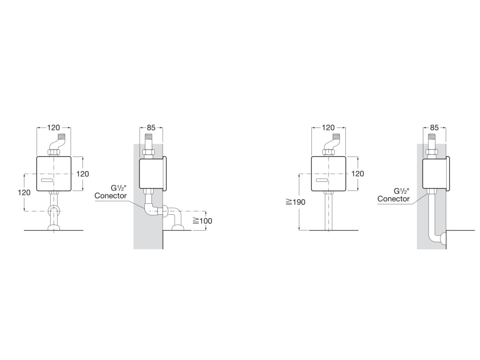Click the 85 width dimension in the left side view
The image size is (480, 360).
coord(151,127)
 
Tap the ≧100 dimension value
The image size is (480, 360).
coord(202,221)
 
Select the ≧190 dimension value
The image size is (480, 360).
coord(296,202)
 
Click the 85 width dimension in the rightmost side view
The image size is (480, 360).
coord(435,127)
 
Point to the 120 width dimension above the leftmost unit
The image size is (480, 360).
coord(53,127)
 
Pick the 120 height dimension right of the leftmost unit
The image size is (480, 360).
coord(82,174)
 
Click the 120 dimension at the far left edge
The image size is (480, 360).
coord(24,192)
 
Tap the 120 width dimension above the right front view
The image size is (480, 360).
coord(329,127)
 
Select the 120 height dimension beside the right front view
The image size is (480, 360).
coord(358,174)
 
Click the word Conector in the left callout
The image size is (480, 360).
coord(111,195)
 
